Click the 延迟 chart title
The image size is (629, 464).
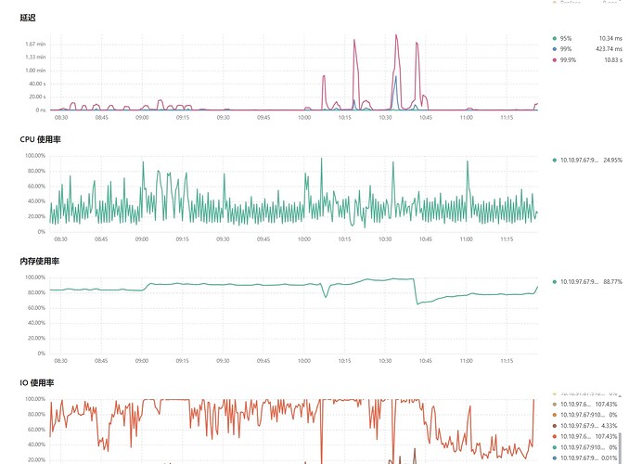(x=27, y=18)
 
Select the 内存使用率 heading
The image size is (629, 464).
(x=40, y=262)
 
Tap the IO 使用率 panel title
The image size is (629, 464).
(x=38, y=382)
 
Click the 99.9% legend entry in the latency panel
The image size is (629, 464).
(x=565, y=59)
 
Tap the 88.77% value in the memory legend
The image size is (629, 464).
(x=611, y=280)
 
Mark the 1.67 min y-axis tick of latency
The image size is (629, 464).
(x=35, y=44)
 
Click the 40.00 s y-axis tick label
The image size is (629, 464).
(x=35, y=84)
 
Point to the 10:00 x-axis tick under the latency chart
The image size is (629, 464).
(x=303, y=117)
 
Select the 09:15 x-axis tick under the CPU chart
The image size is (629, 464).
(x=182, y=238)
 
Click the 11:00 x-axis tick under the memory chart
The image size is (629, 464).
(x=466, y=360)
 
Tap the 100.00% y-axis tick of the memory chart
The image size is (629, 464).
(x=34, y=277)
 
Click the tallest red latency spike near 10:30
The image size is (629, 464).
(x=396, y=36)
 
